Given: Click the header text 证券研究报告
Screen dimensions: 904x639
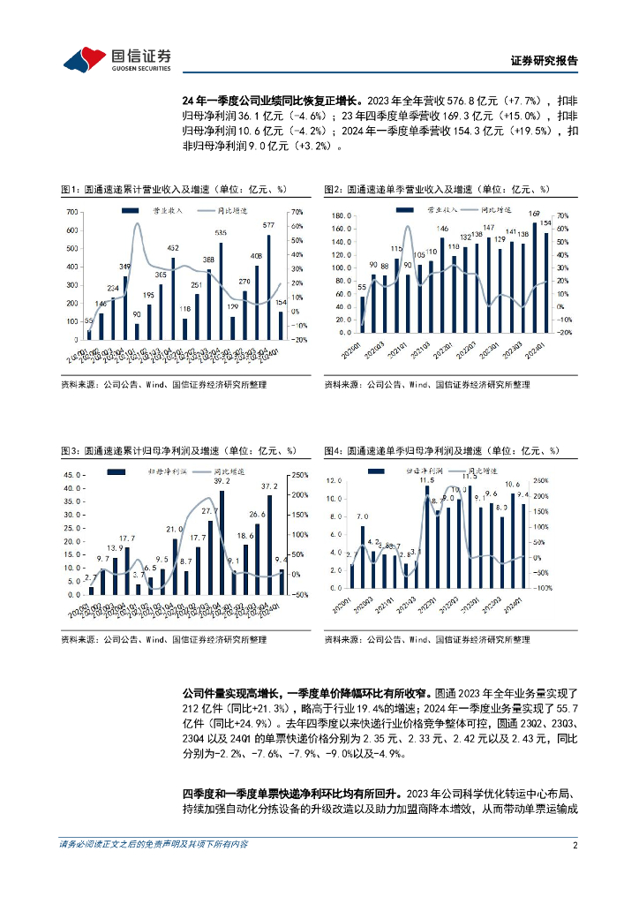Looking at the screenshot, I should (545, 61).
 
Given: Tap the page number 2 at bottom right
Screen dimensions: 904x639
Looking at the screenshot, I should (575, 845).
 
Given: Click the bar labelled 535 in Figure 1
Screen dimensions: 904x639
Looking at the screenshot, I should (221, 291).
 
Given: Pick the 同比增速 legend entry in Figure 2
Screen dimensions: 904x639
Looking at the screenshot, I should (481, 212).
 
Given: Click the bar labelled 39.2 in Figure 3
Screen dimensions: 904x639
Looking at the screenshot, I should (222, 542).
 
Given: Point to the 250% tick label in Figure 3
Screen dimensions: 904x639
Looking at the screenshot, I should (297, 475).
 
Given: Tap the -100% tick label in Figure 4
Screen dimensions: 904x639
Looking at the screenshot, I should (568, 587).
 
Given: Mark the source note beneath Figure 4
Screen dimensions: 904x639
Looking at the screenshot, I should (426, 639).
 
